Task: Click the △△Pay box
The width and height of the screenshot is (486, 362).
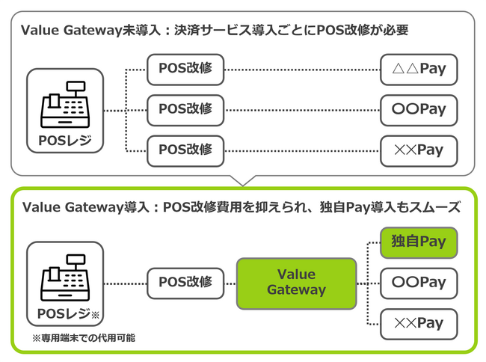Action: tap(418, 69)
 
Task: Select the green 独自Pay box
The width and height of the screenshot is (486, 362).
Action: tap(418, 242)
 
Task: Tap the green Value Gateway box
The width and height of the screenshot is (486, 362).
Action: tap(296, 283)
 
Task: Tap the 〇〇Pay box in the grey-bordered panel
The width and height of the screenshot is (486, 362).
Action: tap(418, 109)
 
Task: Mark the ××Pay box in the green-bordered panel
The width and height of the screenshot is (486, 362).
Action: tap(418, 323)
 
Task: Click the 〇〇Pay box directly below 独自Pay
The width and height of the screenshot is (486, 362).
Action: tap(418, 283)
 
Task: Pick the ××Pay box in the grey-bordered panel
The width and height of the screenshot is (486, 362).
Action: tap(418, 150)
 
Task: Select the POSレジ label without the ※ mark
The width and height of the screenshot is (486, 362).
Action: tap(65, 140)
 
